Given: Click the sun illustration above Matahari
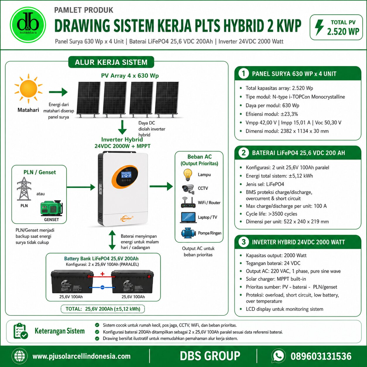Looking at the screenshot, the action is coord(28,89).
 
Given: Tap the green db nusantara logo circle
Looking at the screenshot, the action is coord(28,25).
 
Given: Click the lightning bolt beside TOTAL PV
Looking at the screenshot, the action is coord(319,27).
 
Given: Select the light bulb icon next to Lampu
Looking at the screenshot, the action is coord(188,175).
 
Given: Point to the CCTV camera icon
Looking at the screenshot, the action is coord(188,189).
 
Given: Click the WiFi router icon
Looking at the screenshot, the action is coord(188,203).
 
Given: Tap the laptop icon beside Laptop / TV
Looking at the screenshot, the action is coord(188,217).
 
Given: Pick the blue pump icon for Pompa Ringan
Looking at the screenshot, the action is coord(188,233).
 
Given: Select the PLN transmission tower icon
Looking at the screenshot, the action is coord(24,189).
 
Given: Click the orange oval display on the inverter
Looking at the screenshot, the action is coord(125,177).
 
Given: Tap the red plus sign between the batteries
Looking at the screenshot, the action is coord(102,274).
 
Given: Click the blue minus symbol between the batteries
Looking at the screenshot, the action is coord(102,287).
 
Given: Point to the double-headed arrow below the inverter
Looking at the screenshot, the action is coord(112,240).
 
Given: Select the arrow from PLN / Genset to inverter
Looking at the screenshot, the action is coord(81,187).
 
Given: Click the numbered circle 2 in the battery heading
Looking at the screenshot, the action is coord(243,153).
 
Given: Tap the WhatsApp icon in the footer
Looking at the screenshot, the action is coord(278,356).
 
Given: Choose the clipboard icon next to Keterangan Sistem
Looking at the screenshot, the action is coord(20,331).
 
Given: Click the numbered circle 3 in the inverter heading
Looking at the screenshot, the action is coord(243,242).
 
